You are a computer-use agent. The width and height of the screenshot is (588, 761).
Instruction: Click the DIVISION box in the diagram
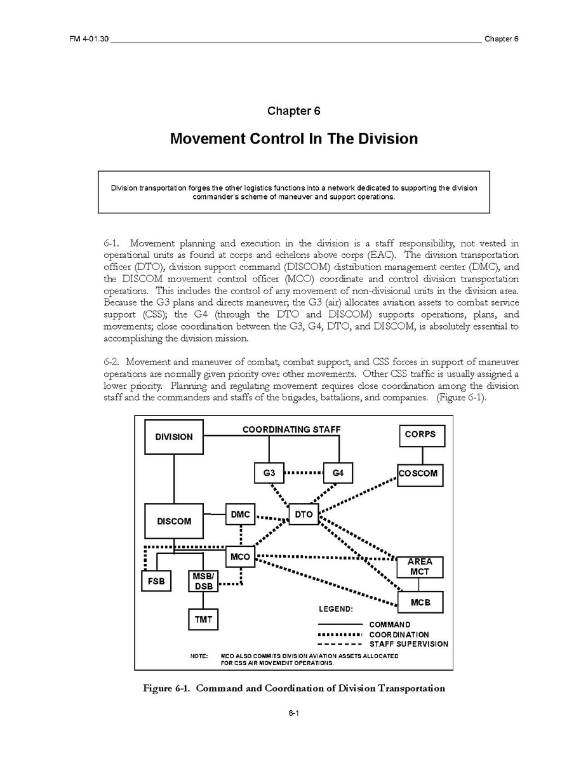click(x=173, y=436)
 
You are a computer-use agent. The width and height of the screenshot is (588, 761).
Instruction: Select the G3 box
click(x=269, y=474)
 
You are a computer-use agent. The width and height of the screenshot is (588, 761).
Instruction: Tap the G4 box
click(x=338, y=474)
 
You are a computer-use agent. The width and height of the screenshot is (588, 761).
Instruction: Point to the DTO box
click(x=304, y=515)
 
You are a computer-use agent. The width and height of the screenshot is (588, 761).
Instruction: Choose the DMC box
click(x=240, y=514)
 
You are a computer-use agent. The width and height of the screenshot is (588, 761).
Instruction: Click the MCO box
click(x=240, y=558)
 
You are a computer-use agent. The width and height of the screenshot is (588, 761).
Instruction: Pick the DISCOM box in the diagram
click(x=173, y=522)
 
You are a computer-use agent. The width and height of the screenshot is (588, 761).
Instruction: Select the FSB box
click(x=156, y=581)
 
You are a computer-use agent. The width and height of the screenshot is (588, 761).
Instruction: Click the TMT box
click(x=203, y=619)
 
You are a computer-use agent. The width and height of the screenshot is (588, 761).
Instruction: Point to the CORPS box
click(x=420, y=435)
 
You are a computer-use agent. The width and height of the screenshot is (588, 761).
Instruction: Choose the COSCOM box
click(x=418, y=474)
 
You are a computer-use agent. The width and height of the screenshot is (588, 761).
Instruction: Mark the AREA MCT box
click(x=419, y=567)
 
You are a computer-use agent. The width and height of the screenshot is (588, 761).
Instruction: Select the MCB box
click(x=420, y=602)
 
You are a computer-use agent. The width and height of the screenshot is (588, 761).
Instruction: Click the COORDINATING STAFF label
click(x=291, y=429)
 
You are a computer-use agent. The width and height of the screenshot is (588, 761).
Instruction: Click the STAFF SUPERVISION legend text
click(x=408, y=644)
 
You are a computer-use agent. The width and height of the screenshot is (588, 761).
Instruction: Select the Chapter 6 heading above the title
click(x=293, y=111)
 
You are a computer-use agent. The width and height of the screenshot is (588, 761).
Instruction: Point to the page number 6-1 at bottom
click(x=293, y=713)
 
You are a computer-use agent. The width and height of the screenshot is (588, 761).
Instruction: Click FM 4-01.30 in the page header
click(x=88, y=39)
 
